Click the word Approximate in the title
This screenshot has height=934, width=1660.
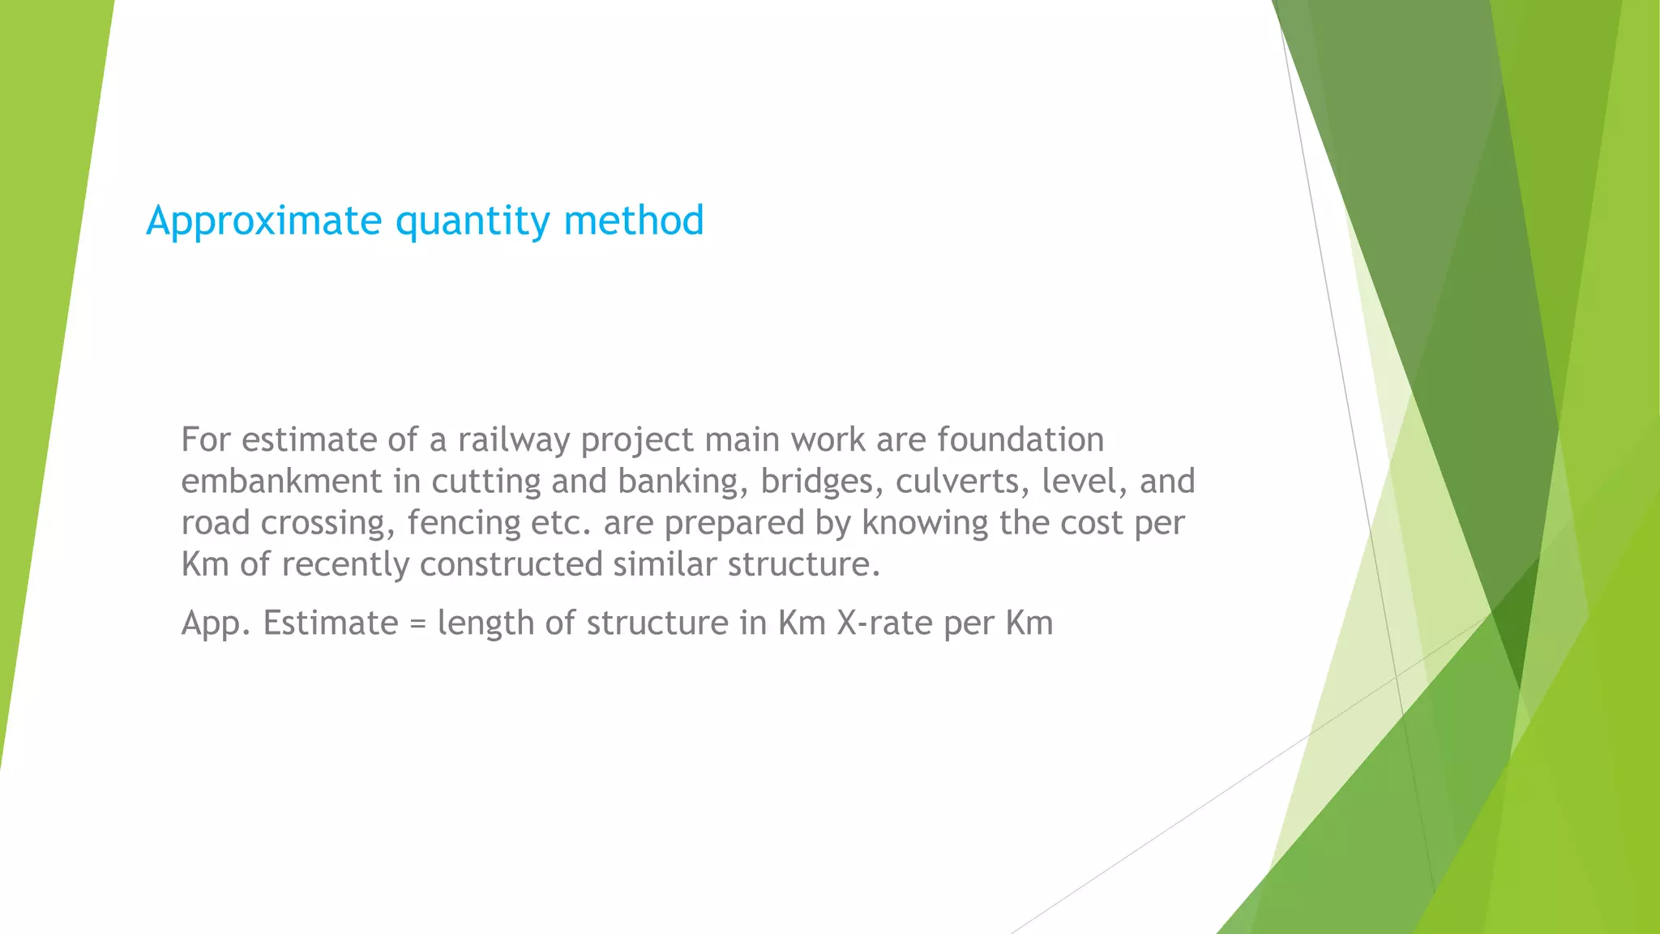pyautogui.click(x=263, y=221)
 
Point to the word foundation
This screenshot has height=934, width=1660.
pyautogui.click(x=1020, y=440)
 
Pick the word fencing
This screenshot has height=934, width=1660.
pyautogui.click(x=464, y=523)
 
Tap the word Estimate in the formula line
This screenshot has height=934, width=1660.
pyautogui.click(x=331, y=623)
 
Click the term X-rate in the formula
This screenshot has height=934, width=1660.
pyautogui.click(x=884, y=623)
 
